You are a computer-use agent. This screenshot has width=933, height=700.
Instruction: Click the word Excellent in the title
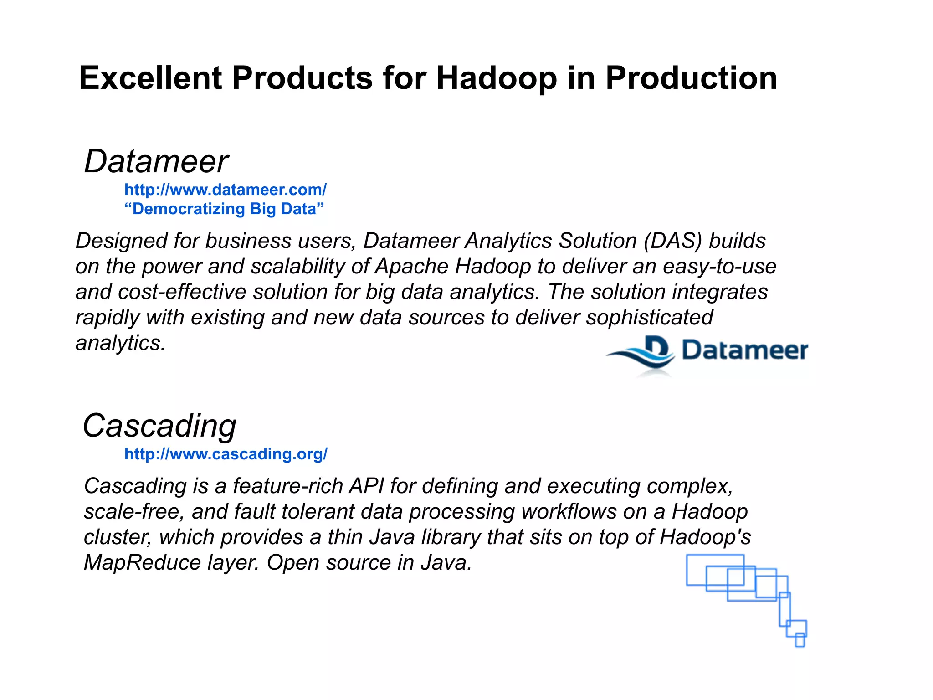(150, 78)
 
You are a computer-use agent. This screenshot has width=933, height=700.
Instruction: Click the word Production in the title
(691, 78)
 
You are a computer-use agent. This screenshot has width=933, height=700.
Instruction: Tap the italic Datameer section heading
(156, 162)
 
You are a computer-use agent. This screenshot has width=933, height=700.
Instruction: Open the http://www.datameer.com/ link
(226, 190)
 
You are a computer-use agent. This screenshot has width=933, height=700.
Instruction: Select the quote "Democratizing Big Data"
(224, 209)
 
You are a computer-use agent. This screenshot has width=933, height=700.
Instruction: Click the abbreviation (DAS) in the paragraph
(672, 241)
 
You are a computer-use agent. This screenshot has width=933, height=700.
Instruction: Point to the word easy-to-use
(719, 267)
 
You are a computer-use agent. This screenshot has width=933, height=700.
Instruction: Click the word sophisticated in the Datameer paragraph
(649, 318)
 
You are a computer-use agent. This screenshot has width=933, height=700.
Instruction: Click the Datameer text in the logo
(744, 350)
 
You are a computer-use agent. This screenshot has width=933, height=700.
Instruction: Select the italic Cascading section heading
(159, 426)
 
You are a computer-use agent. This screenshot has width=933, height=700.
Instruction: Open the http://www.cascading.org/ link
(226, 454)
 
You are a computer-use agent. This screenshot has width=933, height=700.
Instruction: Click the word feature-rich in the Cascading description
(288, 486)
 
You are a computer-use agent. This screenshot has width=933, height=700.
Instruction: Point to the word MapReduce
(142, 563)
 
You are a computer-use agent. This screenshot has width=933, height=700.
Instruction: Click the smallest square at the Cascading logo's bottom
(800, 640)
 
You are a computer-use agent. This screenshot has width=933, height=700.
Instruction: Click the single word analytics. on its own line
(120, 343)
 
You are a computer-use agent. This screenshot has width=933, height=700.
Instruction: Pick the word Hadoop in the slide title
(497, 78)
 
